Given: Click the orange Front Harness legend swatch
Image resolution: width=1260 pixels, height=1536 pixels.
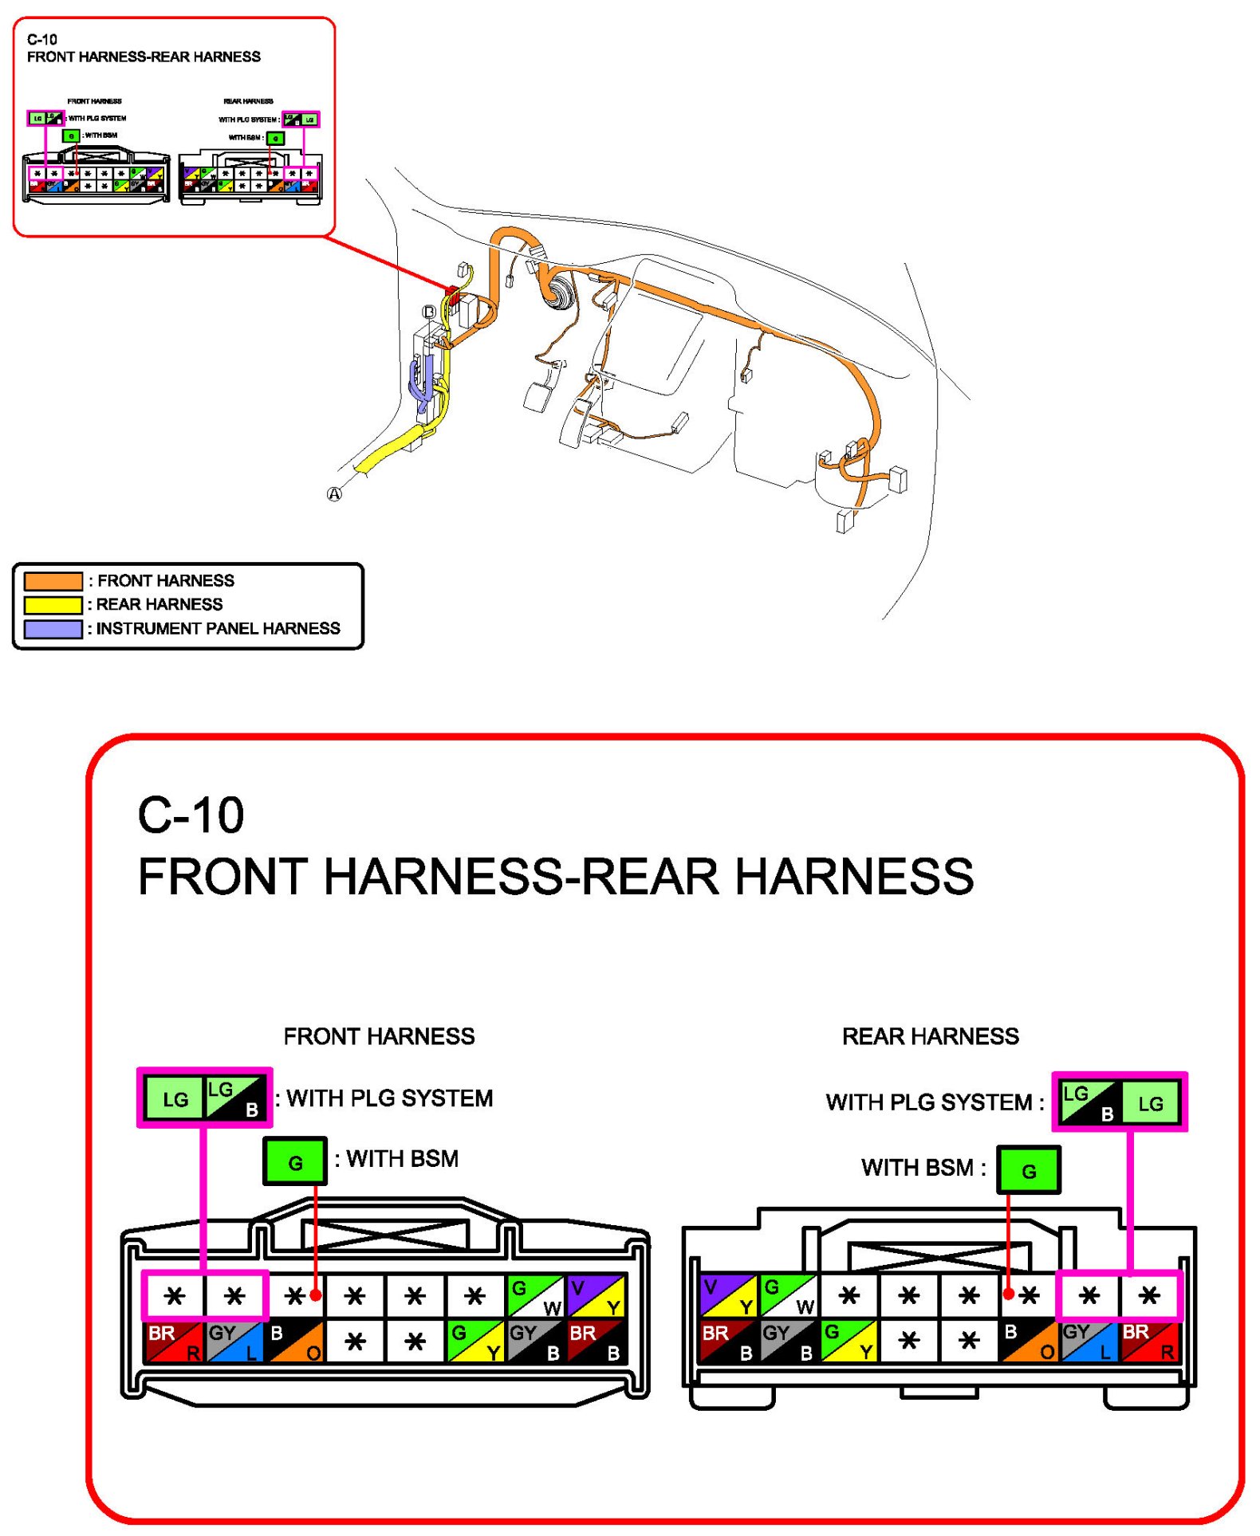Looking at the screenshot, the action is (53, 580).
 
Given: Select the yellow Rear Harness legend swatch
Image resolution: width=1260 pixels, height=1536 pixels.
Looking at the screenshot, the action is (53, 604).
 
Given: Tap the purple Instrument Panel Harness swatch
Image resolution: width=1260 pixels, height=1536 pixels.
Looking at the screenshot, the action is (53, 629).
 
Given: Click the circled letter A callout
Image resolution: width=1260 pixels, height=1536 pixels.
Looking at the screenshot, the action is (334, 494).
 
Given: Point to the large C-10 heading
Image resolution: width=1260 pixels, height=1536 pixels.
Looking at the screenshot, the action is (191, 815).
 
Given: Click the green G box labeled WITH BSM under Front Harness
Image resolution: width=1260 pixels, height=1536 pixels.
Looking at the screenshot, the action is (295, 1161).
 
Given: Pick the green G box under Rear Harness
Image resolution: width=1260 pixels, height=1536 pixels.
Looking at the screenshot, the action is (1029, 1170).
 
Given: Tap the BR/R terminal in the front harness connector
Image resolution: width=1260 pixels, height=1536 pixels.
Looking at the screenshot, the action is (174, 1342).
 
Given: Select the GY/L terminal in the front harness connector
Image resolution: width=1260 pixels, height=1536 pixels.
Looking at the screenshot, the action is (234, 1342).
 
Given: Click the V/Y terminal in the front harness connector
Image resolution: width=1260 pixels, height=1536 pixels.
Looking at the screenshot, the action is (595, 1297).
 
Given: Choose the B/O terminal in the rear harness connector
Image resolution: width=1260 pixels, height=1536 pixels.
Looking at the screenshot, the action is (1029, 1342).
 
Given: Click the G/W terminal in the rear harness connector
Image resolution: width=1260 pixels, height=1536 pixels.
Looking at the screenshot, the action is (789, 1297).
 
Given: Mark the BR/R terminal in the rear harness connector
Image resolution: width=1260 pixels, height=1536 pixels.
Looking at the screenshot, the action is (1148, 1342).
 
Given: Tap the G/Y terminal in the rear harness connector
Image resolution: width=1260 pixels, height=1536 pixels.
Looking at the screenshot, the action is (849, 1342).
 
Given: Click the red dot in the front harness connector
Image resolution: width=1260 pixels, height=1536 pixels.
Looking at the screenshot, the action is (316, 1295).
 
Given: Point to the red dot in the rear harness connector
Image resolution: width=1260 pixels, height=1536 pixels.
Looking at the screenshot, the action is (1009, 1294).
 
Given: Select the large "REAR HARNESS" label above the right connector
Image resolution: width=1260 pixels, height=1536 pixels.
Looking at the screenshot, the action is (930, 1036).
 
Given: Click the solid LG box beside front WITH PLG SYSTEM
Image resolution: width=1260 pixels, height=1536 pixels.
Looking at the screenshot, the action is (175, 1098).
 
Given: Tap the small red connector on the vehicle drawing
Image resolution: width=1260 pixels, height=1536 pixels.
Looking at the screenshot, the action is (452, 293).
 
